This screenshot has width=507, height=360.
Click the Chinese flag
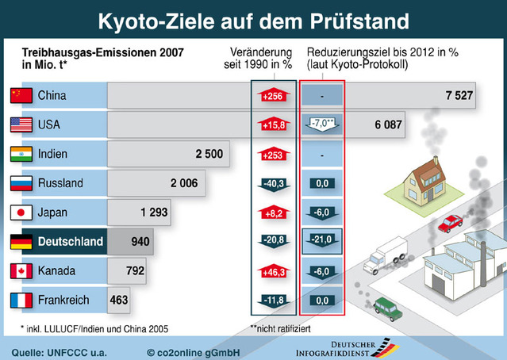[21, 96]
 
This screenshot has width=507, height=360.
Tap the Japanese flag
[21, 213]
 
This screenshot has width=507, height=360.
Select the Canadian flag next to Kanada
[21, 271]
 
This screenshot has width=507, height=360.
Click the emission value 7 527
[459, 95]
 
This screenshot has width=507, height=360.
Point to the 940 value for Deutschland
[140, 241]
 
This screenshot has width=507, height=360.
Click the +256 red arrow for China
[274, 95]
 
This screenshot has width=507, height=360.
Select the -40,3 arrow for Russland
[274, 184]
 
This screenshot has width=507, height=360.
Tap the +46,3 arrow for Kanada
[274, 271]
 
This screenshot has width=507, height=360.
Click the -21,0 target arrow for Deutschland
[321, 241]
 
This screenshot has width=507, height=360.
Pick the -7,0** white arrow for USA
[322, 124]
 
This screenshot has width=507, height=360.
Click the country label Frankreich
[63, 300]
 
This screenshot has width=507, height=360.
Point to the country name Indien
[52, 154]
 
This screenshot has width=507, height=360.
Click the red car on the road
[450, 224]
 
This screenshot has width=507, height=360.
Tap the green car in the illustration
[388, 309]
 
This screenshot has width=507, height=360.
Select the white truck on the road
[385, 255]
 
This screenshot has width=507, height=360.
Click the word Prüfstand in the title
[359, 21]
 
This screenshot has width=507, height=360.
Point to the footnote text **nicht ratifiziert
[280, 328]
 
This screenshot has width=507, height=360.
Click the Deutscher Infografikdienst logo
[348, 349]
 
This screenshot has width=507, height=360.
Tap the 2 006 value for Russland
[184, 183]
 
